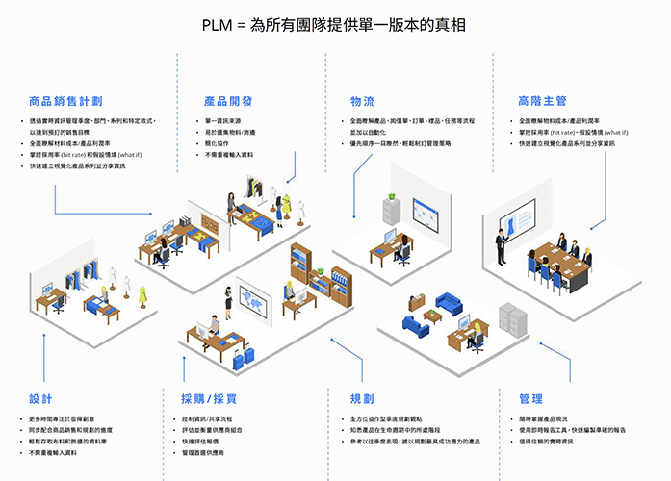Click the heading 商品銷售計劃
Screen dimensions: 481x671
(x=65, y=100)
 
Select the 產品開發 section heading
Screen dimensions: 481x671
(x=228, y=100)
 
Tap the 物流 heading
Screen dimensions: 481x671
(x=363, y=100)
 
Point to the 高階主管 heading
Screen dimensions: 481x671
(x=542, y=100)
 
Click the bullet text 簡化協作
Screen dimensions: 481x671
(x=216, y=143)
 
